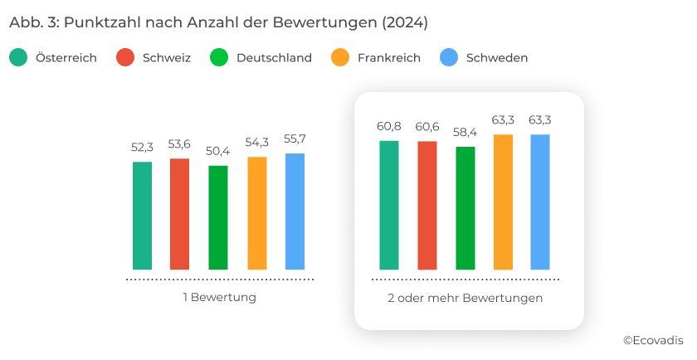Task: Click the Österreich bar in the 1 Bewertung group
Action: click(x=142, y=216)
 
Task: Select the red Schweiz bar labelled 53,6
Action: click(x=179, y=214)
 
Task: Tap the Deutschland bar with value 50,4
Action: click(x=218, y=217)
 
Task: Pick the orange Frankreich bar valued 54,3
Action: click(x=257, y=213)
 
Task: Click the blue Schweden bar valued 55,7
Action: click(x=295, y=212)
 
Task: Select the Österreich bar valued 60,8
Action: click(x=389, y=205)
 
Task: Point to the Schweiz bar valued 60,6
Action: click(x=427, y=206)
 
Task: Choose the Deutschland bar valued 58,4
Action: click(x=465, y=208)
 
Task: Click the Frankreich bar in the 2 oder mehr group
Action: click(x=504, y=202)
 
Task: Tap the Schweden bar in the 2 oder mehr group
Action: click(x=540, y=202)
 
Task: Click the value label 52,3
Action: click(x=142, y=148)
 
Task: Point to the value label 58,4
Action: click(x=465, y=133)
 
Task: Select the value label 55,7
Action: click(x=295, y=139)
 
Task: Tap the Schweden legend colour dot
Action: click(x=449, y=58)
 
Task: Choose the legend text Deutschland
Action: click(x=274, y=58)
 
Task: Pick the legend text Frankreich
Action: click(x=389, y=58)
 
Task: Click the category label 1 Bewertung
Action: click(x=219, y=297)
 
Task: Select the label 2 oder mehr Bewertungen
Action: click(x=465, y=297)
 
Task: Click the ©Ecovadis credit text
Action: click(x=653, y=340)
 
